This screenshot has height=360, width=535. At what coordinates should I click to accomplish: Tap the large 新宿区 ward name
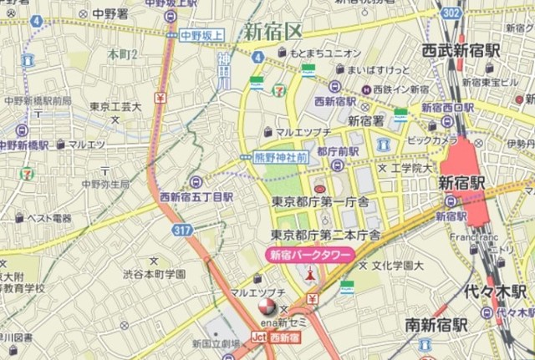click(273, 33)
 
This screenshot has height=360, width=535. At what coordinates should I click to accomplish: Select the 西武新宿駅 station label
click(461, 50)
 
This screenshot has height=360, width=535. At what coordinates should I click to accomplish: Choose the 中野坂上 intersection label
click(202, 35)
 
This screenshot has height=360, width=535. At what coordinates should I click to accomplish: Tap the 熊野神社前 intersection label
click(279, 156)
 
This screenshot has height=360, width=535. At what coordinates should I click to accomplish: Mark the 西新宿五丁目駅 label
click(196, 197)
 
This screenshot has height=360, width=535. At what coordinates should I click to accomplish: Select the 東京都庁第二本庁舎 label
click(326, 235)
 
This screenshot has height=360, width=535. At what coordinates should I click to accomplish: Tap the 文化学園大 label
click(399, 266)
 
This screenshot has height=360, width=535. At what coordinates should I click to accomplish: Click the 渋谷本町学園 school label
click(154, 274)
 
